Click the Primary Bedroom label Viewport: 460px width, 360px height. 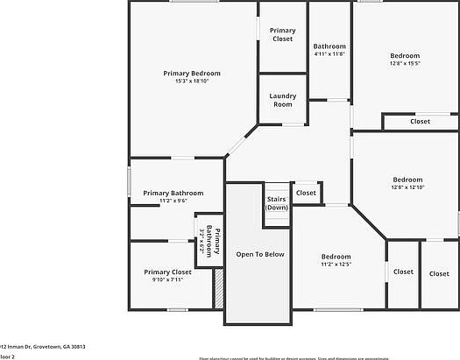click(x=192, y=74)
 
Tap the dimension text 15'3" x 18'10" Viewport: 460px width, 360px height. click(x=192, y=81)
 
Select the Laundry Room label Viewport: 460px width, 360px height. click(x=282, y=100)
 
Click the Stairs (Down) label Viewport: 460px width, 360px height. click(x=277, y=203)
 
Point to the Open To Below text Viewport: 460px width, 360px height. click(x=260, y=254)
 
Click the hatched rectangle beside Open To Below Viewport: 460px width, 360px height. click(x=219, y=288)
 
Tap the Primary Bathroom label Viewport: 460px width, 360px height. click(x=173, y=193)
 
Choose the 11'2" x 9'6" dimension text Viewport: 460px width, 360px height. click(x=173, y=201)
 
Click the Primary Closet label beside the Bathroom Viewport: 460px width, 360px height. click(x=282, y=35)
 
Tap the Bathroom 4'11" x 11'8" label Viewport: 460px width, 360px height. click(x=330, y=50)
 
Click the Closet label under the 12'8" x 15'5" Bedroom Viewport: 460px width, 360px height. click(x=420, y=122)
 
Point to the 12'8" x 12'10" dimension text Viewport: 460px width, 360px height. click(x=407, y=187)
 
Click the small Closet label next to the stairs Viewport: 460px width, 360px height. click(x=306, y=193)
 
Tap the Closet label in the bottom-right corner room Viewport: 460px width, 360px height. click(x=439, y=273)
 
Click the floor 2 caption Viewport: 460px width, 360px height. click(x=6, y=356)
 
